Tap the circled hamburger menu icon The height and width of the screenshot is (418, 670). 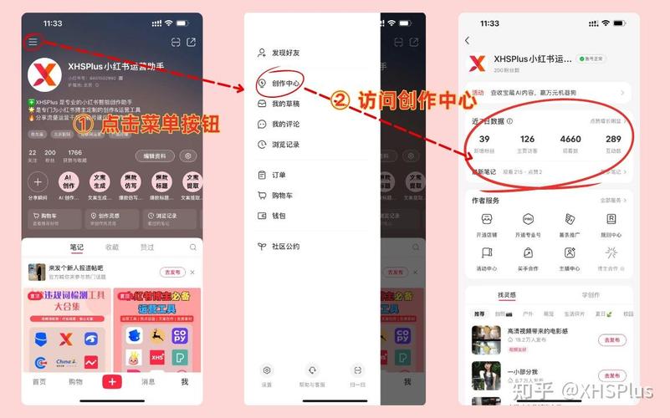tap(33, 42)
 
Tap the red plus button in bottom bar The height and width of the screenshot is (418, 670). tap(111, 381)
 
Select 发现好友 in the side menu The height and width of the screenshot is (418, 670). tap(285, 53)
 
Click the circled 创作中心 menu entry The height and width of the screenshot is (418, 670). tap(285, 83)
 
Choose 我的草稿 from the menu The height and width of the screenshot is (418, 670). tap(285, 104)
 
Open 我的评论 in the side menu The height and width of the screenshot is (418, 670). tap(285, 125)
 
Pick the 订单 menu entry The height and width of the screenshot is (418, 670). tap(279, 175)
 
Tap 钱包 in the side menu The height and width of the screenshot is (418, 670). tap(279, 216)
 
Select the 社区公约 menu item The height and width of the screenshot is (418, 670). tap(285, 247)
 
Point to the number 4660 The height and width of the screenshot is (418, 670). tap(570, 140)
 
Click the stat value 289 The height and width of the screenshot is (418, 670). tap(613, 140)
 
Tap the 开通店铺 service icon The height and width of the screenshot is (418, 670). tap(486, 223)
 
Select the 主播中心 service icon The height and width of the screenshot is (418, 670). tap(570, 257)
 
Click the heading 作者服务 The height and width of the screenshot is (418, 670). tap(485, 201)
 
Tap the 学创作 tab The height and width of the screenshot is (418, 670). tap(591, 295)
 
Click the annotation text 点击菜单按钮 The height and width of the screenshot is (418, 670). tap(159, 125)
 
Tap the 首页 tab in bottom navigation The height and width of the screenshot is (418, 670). tap(39, 382)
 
